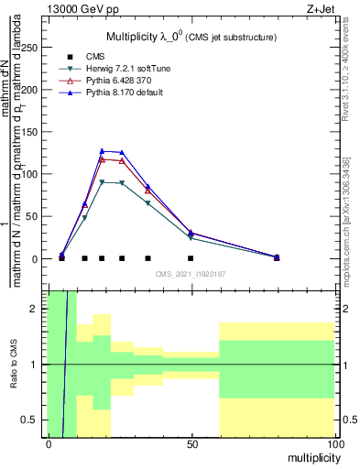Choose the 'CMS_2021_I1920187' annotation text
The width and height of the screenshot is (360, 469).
tap(191, 274)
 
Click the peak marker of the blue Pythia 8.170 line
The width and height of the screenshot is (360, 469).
tap(103, 151)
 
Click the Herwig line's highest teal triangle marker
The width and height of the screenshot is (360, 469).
tap(103, 182)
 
